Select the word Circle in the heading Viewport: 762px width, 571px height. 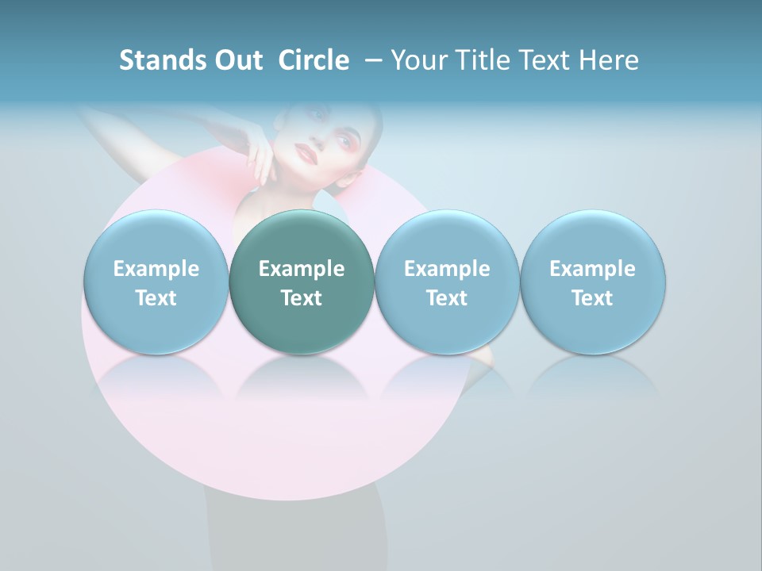click(314, 60)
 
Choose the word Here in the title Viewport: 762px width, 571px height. click(612, 60)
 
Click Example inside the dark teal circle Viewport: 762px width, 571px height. click(302, 269)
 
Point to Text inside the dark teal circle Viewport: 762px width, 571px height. click(302, 298)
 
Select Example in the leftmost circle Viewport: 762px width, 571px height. click(156, 269)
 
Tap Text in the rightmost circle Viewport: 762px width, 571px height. click(592, 298)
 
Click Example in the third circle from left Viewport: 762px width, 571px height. click(447, 269)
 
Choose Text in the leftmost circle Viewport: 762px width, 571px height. click(156, 298)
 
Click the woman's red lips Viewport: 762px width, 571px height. click(306, 151)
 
